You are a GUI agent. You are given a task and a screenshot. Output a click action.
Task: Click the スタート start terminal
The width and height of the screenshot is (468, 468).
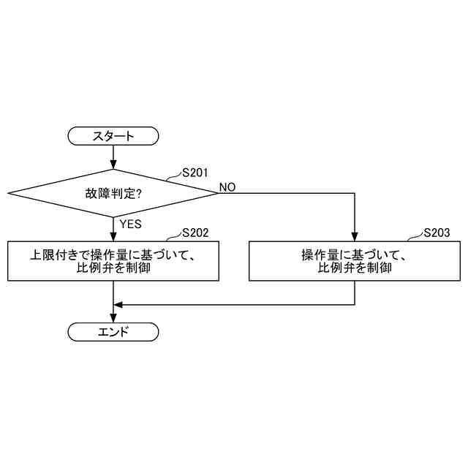(113, 135)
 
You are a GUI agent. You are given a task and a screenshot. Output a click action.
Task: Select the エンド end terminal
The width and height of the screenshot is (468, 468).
(113, 332)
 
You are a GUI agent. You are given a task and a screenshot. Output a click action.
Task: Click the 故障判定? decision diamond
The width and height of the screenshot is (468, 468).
(113, 194)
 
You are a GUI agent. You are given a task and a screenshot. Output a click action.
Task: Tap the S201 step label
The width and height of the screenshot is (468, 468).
(196, 173)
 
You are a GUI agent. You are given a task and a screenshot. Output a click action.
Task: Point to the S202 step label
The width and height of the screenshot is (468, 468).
(196, 233)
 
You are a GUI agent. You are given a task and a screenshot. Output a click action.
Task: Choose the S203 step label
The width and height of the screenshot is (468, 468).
(437, 233)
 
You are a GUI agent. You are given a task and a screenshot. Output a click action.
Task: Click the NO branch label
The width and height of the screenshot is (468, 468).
(227, 187)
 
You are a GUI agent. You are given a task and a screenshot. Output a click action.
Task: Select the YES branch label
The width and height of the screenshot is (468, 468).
(130, 224)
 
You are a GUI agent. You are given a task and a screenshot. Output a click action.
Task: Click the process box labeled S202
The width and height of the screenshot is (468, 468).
(113, 261)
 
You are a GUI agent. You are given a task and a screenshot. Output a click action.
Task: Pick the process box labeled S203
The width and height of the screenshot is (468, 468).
(355, 261)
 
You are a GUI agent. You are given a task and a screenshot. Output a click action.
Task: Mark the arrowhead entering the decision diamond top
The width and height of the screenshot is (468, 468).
(113, 165)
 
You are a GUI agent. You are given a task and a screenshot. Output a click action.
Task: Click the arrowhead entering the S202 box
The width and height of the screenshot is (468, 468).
(113, 237)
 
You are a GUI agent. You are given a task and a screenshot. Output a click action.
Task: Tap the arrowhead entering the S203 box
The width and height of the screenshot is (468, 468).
(355, 237)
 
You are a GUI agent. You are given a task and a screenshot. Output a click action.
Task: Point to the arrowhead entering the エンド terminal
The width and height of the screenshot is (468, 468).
(113, 318)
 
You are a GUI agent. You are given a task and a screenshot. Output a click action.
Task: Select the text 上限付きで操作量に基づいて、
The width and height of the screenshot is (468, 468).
(113, 255)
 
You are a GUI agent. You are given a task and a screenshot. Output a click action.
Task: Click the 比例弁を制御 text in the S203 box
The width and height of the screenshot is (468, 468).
(355, 268)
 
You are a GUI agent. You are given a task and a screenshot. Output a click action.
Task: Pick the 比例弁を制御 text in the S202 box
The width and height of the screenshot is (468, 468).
(113, 268)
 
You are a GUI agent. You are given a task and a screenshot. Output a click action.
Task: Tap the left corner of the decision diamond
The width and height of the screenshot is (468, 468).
(10, 194)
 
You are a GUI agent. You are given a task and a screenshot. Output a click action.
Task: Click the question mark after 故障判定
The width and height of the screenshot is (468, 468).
(139, 194)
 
